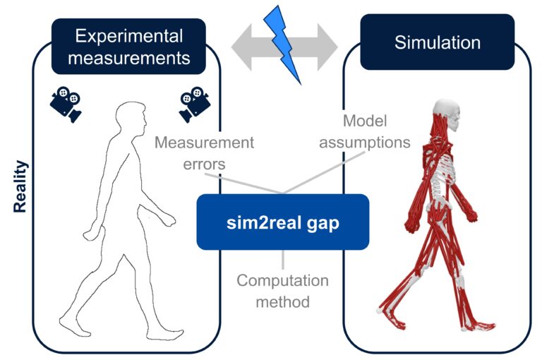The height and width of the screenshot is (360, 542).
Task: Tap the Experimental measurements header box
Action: point(128,47)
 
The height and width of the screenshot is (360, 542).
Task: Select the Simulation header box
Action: point(437,42)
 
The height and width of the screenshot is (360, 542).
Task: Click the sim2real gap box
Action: point(282,222)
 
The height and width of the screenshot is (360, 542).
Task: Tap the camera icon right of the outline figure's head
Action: point(194,104)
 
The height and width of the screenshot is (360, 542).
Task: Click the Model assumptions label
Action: point(365,132)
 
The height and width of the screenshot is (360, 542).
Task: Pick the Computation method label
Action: point(282,291)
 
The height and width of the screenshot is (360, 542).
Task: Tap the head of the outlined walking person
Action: point(132,117)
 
